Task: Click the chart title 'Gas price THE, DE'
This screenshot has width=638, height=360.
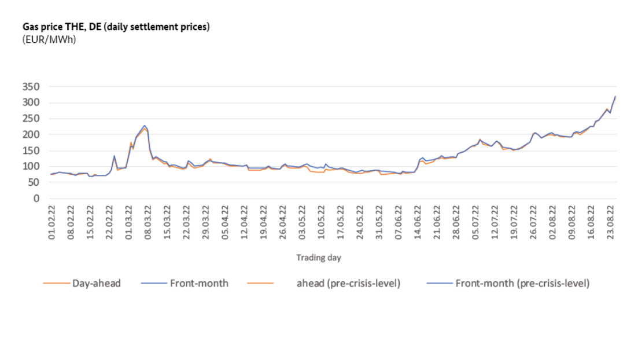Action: (116, 27)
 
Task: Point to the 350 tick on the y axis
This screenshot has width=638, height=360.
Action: (31, 87)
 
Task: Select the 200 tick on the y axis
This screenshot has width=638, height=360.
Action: (31, 134)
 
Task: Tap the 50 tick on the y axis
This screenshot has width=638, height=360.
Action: (34, 182)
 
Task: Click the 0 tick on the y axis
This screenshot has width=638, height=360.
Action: (36, 199)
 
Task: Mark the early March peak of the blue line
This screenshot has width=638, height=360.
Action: (145, 125)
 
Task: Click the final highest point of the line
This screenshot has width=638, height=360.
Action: (615, 96)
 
